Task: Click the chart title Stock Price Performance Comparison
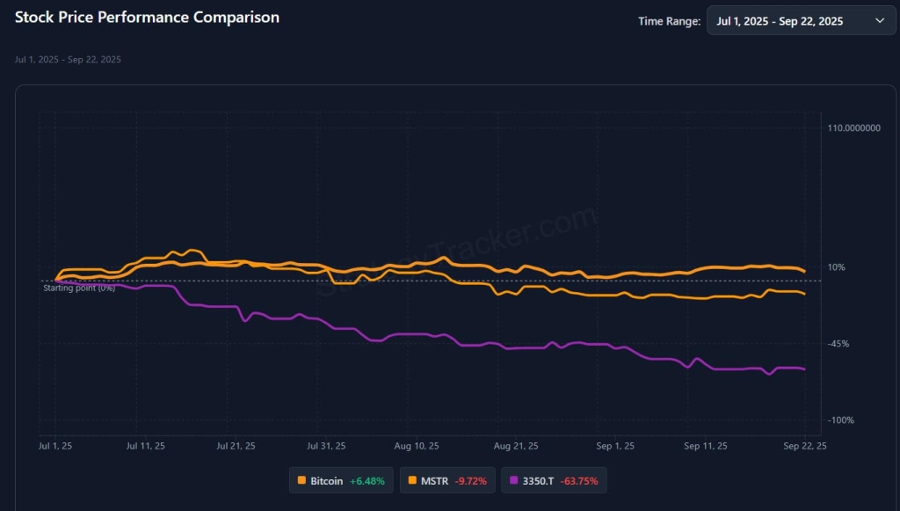point(148,18)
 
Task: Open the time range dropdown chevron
point(880,21)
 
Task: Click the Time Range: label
point(669,21)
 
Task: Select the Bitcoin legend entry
point(326,481)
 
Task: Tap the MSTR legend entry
point(434,481)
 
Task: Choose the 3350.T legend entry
point(539,481)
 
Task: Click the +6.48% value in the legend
point(367,481)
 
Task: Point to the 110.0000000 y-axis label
point(854,128)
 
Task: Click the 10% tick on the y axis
point(836,267)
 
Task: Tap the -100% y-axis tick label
point(840,420)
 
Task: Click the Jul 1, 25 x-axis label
point(56,447)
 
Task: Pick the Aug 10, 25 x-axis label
point(416,447)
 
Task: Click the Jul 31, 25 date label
point(326,447)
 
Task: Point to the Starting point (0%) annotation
point(79,288)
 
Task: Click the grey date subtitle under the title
point(68,60)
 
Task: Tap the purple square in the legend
point(514,481)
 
